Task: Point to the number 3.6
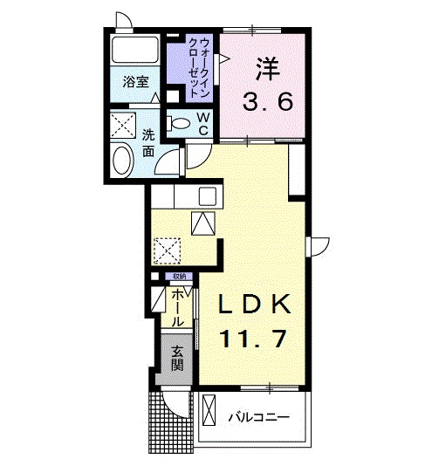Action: (x=267, y=101)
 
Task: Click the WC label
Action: (x=202, y=123)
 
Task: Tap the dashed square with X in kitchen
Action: (x=166, y=250)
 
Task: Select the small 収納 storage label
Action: (x=178, y=277)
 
